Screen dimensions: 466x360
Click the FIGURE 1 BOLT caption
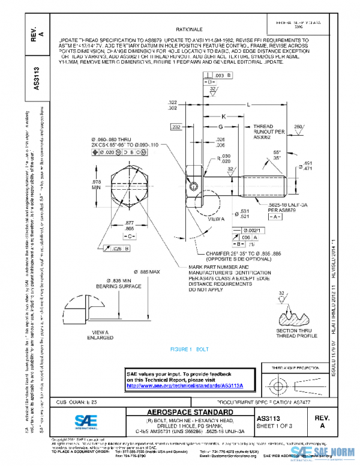click(189, 349)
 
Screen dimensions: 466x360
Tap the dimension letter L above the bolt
click(248, 104)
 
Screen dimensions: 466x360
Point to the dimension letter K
click(223, 116)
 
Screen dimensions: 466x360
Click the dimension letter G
click(220, 127)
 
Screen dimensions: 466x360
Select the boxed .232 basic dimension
click(175, 127)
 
